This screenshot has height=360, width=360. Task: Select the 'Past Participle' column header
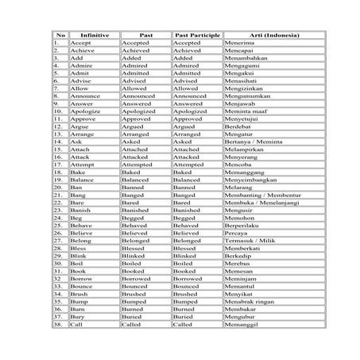coord(196,34)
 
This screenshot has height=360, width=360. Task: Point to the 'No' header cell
coord(60,34)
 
